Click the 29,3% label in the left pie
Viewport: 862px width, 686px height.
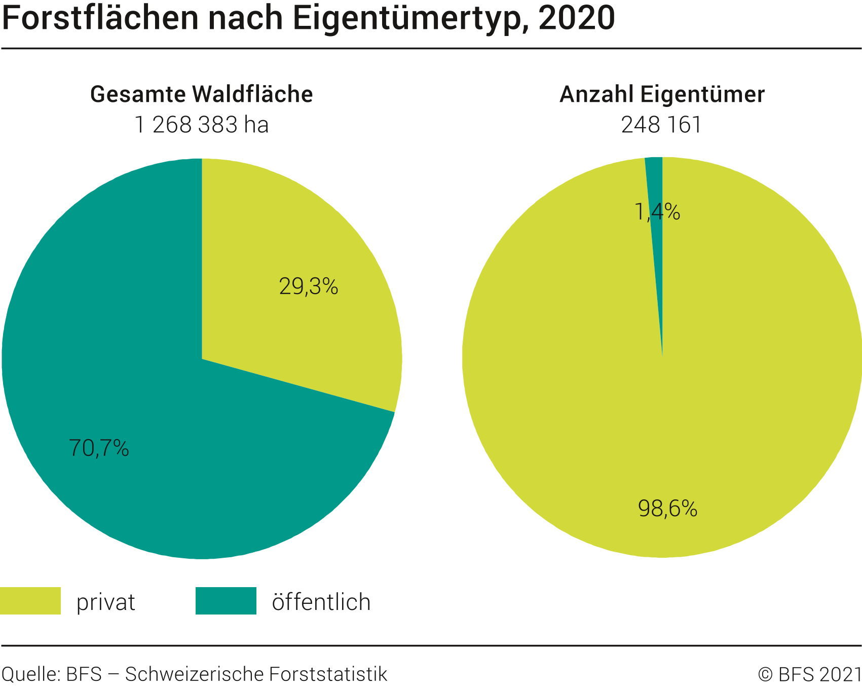pyautogui.click(x=308, y=287)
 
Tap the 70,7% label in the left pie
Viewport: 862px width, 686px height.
pyautogui.click(x=99, y=448)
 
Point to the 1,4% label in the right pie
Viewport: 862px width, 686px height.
pyautogui.click(x=657, y=212)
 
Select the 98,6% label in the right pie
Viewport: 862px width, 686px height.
pyautogui.click(x=667, y=508)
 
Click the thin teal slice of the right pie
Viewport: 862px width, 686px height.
pyautogui.click(x=655, y=183)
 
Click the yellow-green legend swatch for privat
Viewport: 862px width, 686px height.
pyautogui.click(x=30, y=601)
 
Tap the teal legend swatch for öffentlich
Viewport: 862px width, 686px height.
pyautogui.click(x=226, y=601)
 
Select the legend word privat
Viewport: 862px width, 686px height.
pyautogui.click(x=106, y=602)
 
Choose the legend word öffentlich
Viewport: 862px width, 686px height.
pyautogui.click(x=321, y=602)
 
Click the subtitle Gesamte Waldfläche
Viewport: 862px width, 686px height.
pyautogui.click(x=202, y=94)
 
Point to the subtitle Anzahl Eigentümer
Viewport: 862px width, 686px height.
pyautogui.click(x=662, y=94)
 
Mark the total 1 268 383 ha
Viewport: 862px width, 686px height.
pyautogui.click(x=202, y=125)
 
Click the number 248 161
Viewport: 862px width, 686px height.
pyautogui.click(x=661, y=125)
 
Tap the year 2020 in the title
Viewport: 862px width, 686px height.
pyautogui.click(x=577, y=18)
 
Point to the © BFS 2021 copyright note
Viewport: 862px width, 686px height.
pyautogui.click(x=810, y=674)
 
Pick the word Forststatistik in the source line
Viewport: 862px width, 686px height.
pyautogui.click(x=328, y=674)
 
